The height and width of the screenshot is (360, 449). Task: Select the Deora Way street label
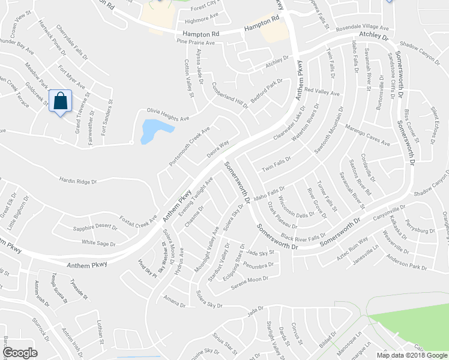(x=218, y=148)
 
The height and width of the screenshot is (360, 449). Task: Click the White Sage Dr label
(x=98, y=243)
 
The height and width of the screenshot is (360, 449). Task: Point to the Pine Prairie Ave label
(x=195, y=43)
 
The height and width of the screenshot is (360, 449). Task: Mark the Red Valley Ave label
(x=322, y=91)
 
